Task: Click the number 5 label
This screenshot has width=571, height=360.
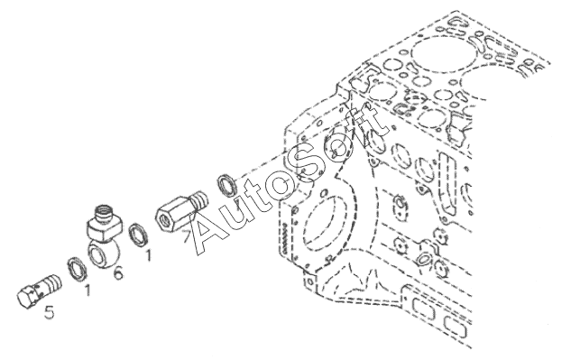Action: (50, 312)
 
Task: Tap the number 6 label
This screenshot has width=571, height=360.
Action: (118, 272)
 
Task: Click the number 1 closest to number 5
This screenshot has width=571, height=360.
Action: (87, 290)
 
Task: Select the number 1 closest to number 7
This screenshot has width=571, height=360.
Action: (147, 254)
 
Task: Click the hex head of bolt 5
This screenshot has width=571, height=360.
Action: (27, 297)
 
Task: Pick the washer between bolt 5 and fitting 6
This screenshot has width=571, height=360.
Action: (78, 269)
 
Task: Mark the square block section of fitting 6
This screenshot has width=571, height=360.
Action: (105, 227)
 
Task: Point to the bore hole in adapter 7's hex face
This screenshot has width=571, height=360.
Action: (162, 220)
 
